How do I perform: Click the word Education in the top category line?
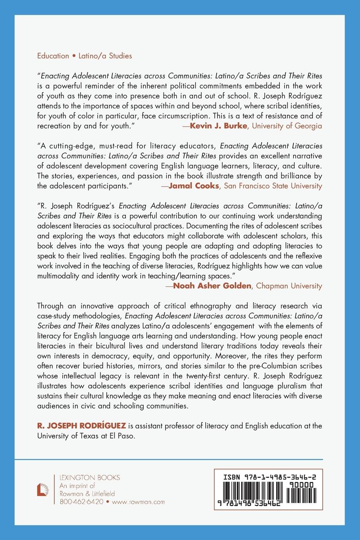click(x=53, y=56)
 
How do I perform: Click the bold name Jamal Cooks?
click(x=194, y=186)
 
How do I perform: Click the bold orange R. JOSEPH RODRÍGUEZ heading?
click(x=81, y=426)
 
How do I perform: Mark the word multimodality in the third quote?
click(x=60, y=276)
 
